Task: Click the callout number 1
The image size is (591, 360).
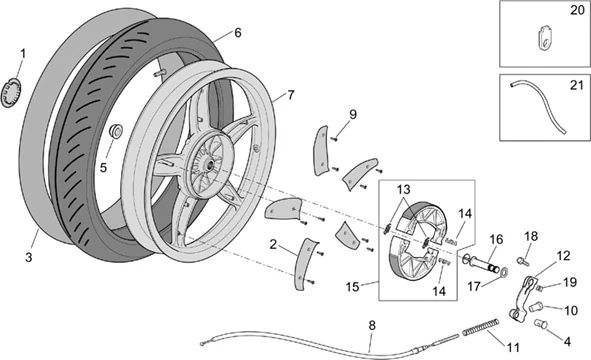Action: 23,54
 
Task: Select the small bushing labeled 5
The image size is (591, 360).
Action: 115,131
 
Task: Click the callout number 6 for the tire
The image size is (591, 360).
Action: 237,33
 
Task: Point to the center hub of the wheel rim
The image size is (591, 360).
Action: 208,164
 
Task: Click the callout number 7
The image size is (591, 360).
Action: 290,95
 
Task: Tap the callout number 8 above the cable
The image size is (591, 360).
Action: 372,325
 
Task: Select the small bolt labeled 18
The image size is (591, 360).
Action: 522,260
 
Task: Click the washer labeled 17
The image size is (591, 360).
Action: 504,270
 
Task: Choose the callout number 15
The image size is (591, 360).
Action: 352,287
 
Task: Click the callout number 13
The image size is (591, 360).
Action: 403,190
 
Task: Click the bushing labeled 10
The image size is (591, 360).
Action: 535,307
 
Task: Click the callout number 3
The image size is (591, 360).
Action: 29,258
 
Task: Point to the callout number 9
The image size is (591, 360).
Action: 352,114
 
